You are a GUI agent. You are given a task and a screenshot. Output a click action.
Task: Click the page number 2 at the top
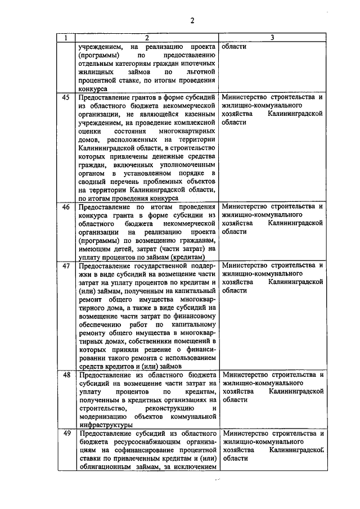pyautogui.click(x=191, y=21)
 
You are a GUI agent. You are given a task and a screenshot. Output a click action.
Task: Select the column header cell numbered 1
pyautogui.click(x=66, y=38)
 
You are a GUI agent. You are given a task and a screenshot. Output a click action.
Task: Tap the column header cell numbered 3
pyautogui.click(x=272, y=38)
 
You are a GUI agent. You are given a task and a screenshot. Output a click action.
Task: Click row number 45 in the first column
pyautogui.click(x=66, y=97)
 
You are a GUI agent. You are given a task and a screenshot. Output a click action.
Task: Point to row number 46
pyautogui.click(x=66, y=207)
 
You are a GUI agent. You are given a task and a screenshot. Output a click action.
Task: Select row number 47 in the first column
pyautogui.click(x=66, y=265)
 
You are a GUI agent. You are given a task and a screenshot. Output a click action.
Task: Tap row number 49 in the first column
pyautogui.click(x=66, y=434)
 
